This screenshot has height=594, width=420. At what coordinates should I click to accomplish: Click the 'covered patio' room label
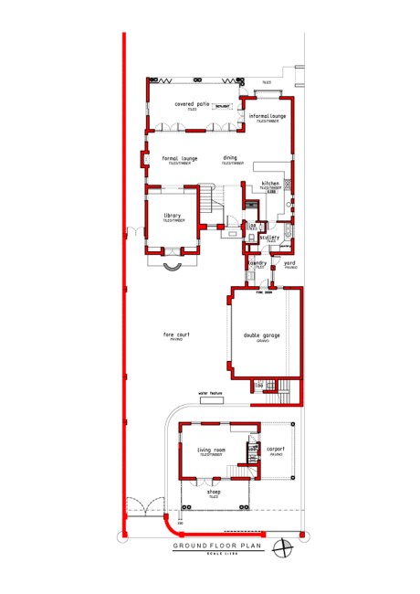click(x=193, y=104)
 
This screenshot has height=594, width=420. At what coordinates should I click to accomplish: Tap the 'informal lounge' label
click(x=268, y=116)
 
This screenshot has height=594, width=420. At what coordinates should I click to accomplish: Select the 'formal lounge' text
click(x=180, y=158)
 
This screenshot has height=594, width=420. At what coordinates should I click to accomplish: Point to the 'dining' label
click(x=230, y=158)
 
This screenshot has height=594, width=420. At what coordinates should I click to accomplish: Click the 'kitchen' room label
click(x=270, y=184)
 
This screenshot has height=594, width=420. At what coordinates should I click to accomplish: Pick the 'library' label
click(x=173, y=216)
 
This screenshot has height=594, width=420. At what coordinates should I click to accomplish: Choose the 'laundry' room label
click(x=257, y=263)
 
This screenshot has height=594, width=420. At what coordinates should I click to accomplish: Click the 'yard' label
click(x=290, y=263)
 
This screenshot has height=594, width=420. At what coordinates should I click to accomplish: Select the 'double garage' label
click(x=262, y=335)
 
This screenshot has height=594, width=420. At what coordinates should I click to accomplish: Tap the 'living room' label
click(x=211, y=449)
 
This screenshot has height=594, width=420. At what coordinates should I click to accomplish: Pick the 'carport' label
click(x=276, y=449)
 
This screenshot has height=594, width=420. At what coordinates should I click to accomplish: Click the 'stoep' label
click(x=215, y=492)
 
